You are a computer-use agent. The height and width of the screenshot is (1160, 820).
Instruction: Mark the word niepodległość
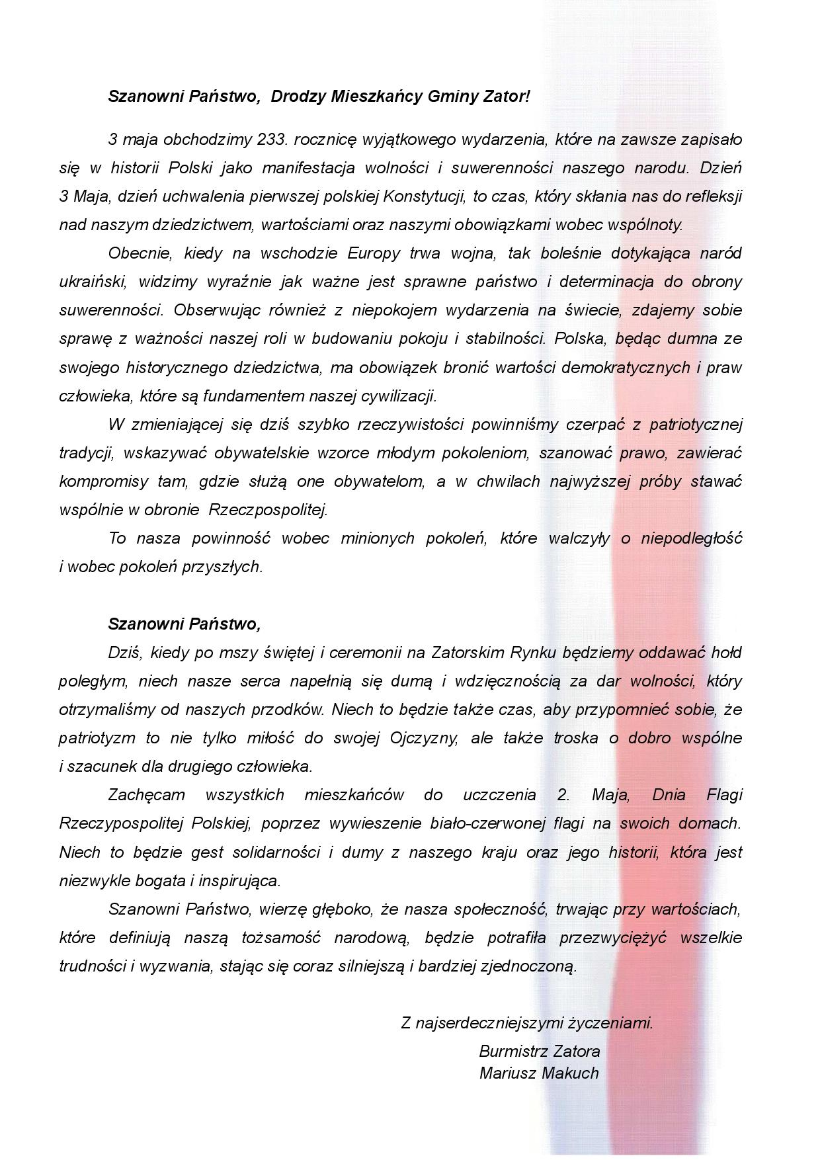coord(690,538)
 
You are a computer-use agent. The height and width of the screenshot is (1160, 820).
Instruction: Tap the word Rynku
coord(533,653)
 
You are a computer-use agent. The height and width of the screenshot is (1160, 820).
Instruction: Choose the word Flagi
coord(723,795)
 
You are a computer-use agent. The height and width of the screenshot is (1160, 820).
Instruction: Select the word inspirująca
coord(241,881)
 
